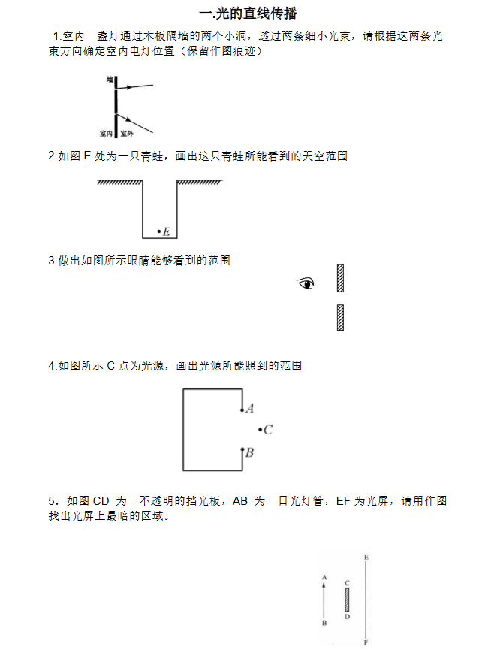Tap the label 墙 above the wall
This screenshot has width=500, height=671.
(110, 78)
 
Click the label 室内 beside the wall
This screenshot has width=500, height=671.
(106, 134)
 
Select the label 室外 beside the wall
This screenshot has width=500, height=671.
(126, 134)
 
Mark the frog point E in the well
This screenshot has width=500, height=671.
(158, 231)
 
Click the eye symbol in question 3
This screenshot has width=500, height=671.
(305, 283)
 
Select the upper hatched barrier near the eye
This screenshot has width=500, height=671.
(341, 277)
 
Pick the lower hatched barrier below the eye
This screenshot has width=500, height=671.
(341, 317)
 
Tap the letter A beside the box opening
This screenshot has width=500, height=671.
(250, 409)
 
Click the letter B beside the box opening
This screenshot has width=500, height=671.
(249, 452)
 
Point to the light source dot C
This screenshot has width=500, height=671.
(260, 430)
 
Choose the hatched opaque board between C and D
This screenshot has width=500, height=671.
(347, 600)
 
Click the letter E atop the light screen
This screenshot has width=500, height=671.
(366, 557)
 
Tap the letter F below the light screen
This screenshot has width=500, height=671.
(366, 643)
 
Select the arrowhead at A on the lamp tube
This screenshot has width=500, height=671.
(324, 585)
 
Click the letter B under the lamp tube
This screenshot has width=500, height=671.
(324, 623)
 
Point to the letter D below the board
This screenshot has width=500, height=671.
(347, 617)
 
